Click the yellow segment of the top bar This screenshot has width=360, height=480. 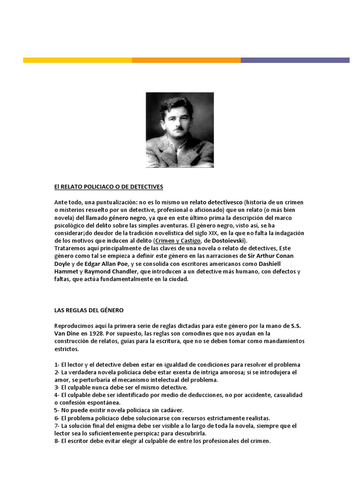pos(77,60)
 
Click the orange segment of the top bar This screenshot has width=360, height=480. pos(186,60)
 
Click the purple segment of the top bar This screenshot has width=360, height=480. pos(295,60)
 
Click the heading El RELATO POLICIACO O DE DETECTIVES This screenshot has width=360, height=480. pos(109,187)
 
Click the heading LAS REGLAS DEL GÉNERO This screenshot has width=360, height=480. pos(89,310)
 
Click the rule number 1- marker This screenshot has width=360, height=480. pos(57,365)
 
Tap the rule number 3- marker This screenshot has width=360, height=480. pos(57,388)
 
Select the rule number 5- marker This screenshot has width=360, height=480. pos(57,410)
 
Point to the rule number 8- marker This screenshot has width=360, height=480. pos(57,441)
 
